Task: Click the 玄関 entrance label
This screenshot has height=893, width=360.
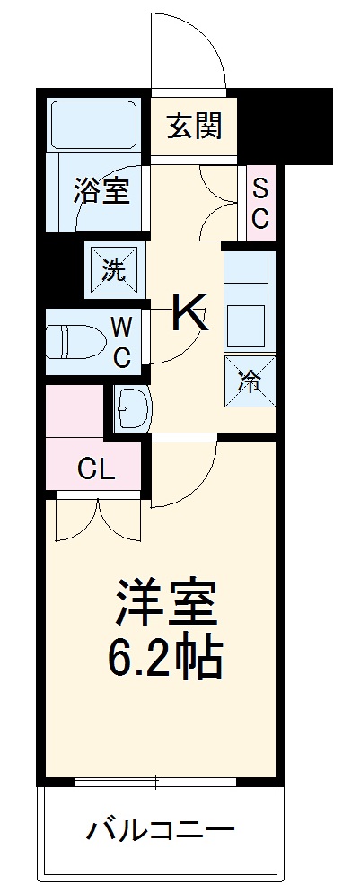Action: click(194, 127)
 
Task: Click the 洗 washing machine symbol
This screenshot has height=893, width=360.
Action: click(113, 268)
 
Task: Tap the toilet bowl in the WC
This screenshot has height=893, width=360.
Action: click(73, 342)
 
